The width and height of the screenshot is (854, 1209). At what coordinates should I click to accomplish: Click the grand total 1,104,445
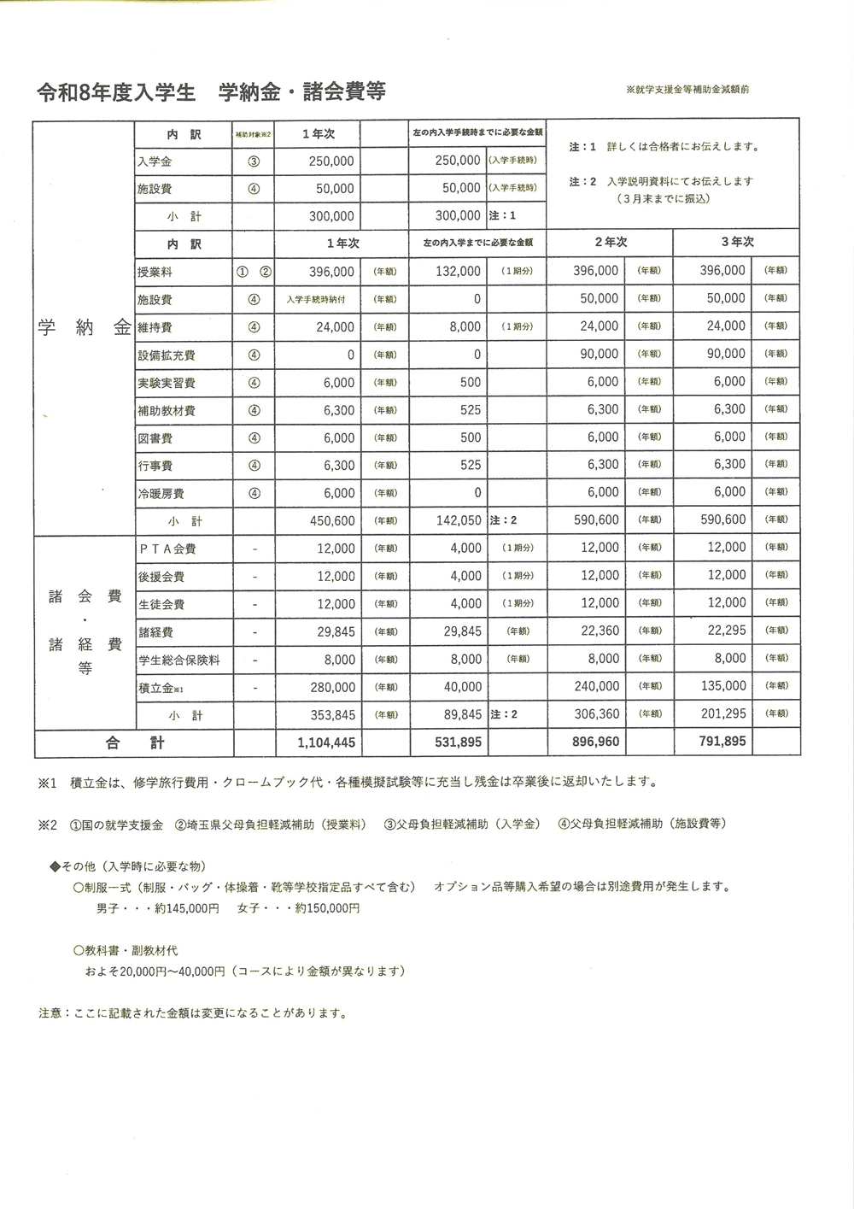tap(327, 743)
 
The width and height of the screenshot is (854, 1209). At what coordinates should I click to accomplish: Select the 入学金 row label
tap(155, 161)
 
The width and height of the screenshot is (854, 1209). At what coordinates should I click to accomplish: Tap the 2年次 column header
tap(611, 243)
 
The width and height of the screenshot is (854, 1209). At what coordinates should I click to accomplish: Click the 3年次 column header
tap(737, 243)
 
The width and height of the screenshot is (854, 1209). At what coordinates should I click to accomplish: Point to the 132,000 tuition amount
tap(459, 272)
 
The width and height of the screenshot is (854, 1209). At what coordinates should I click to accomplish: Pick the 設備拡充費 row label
tap(167, 355)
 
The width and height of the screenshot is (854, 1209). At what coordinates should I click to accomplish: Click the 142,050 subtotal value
tap(459, 520)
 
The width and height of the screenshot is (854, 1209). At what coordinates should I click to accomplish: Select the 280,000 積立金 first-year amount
tap(334, 687)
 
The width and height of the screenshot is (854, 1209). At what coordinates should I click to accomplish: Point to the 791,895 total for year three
tap(722, 742)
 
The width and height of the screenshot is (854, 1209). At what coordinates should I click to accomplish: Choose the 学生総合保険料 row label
tap(179, 660)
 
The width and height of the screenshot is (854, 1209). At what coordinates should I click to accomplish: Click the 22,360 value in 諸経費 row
tap(599, 631)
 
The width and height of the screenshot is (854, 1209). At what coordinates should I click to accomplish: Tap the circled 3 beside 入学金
tap(254, 161)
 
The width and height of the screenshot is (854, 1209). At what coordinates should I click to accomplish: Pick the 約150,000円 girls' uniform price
tap(327, 908)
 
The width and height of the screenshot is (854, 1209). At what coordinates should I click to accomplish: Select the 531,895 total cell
tap(459, 743)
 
